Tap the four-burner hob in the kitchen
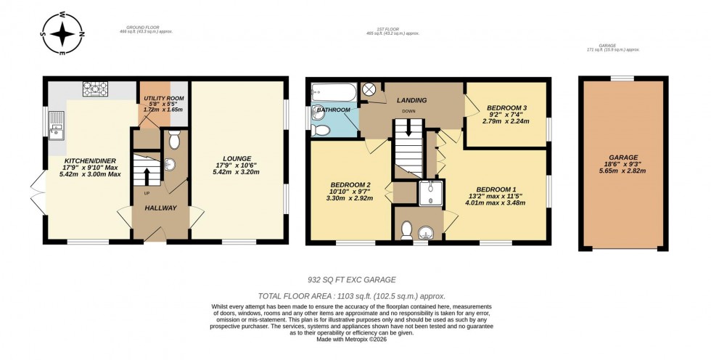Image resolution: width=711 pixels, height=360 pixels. tap(96, 90)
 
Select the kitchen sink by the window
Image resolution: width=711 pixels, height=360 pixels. tap(56, 131)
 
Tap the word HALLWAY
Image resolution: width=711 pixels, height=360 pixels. tap(160, 208)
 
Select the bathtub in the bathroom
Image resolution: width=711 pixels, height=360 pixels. tap(333, 91)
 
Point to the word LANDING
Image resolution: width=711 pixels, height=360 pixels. tap(411, 100)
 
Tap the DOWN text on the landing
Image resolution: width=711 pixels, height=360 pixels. tap(409, 112)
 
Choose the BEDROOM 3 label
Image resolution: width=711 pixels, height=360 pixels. tap(506, 107)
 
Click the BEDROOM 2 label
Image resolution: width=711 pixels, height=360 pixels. tap(350, 184)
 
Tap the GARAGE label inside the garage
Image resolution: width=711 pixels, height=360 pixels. tap(623, 157)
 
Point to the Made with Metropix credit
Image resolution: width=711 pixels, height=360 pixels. tap(355, 339)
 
